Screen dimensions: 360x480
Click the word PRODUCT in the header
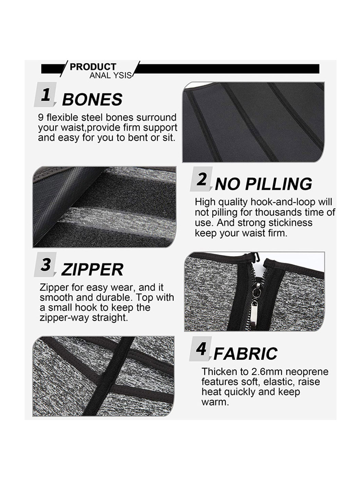point(93,67)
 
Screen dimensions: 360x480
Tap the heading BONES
point(92,99)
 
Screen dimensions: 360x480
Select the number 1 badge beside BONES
point(45,95)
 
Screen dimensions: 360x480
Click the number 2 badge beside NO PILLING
point(201,179)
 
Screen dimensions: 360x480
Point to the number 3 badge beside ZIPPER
point(45,264)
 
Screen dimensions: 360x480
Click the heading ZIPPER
point(92,269)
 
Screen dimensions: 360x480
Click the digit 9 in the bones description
point(41,118)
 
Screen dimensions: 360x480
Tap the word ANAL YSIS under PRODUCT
point(111,75)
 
